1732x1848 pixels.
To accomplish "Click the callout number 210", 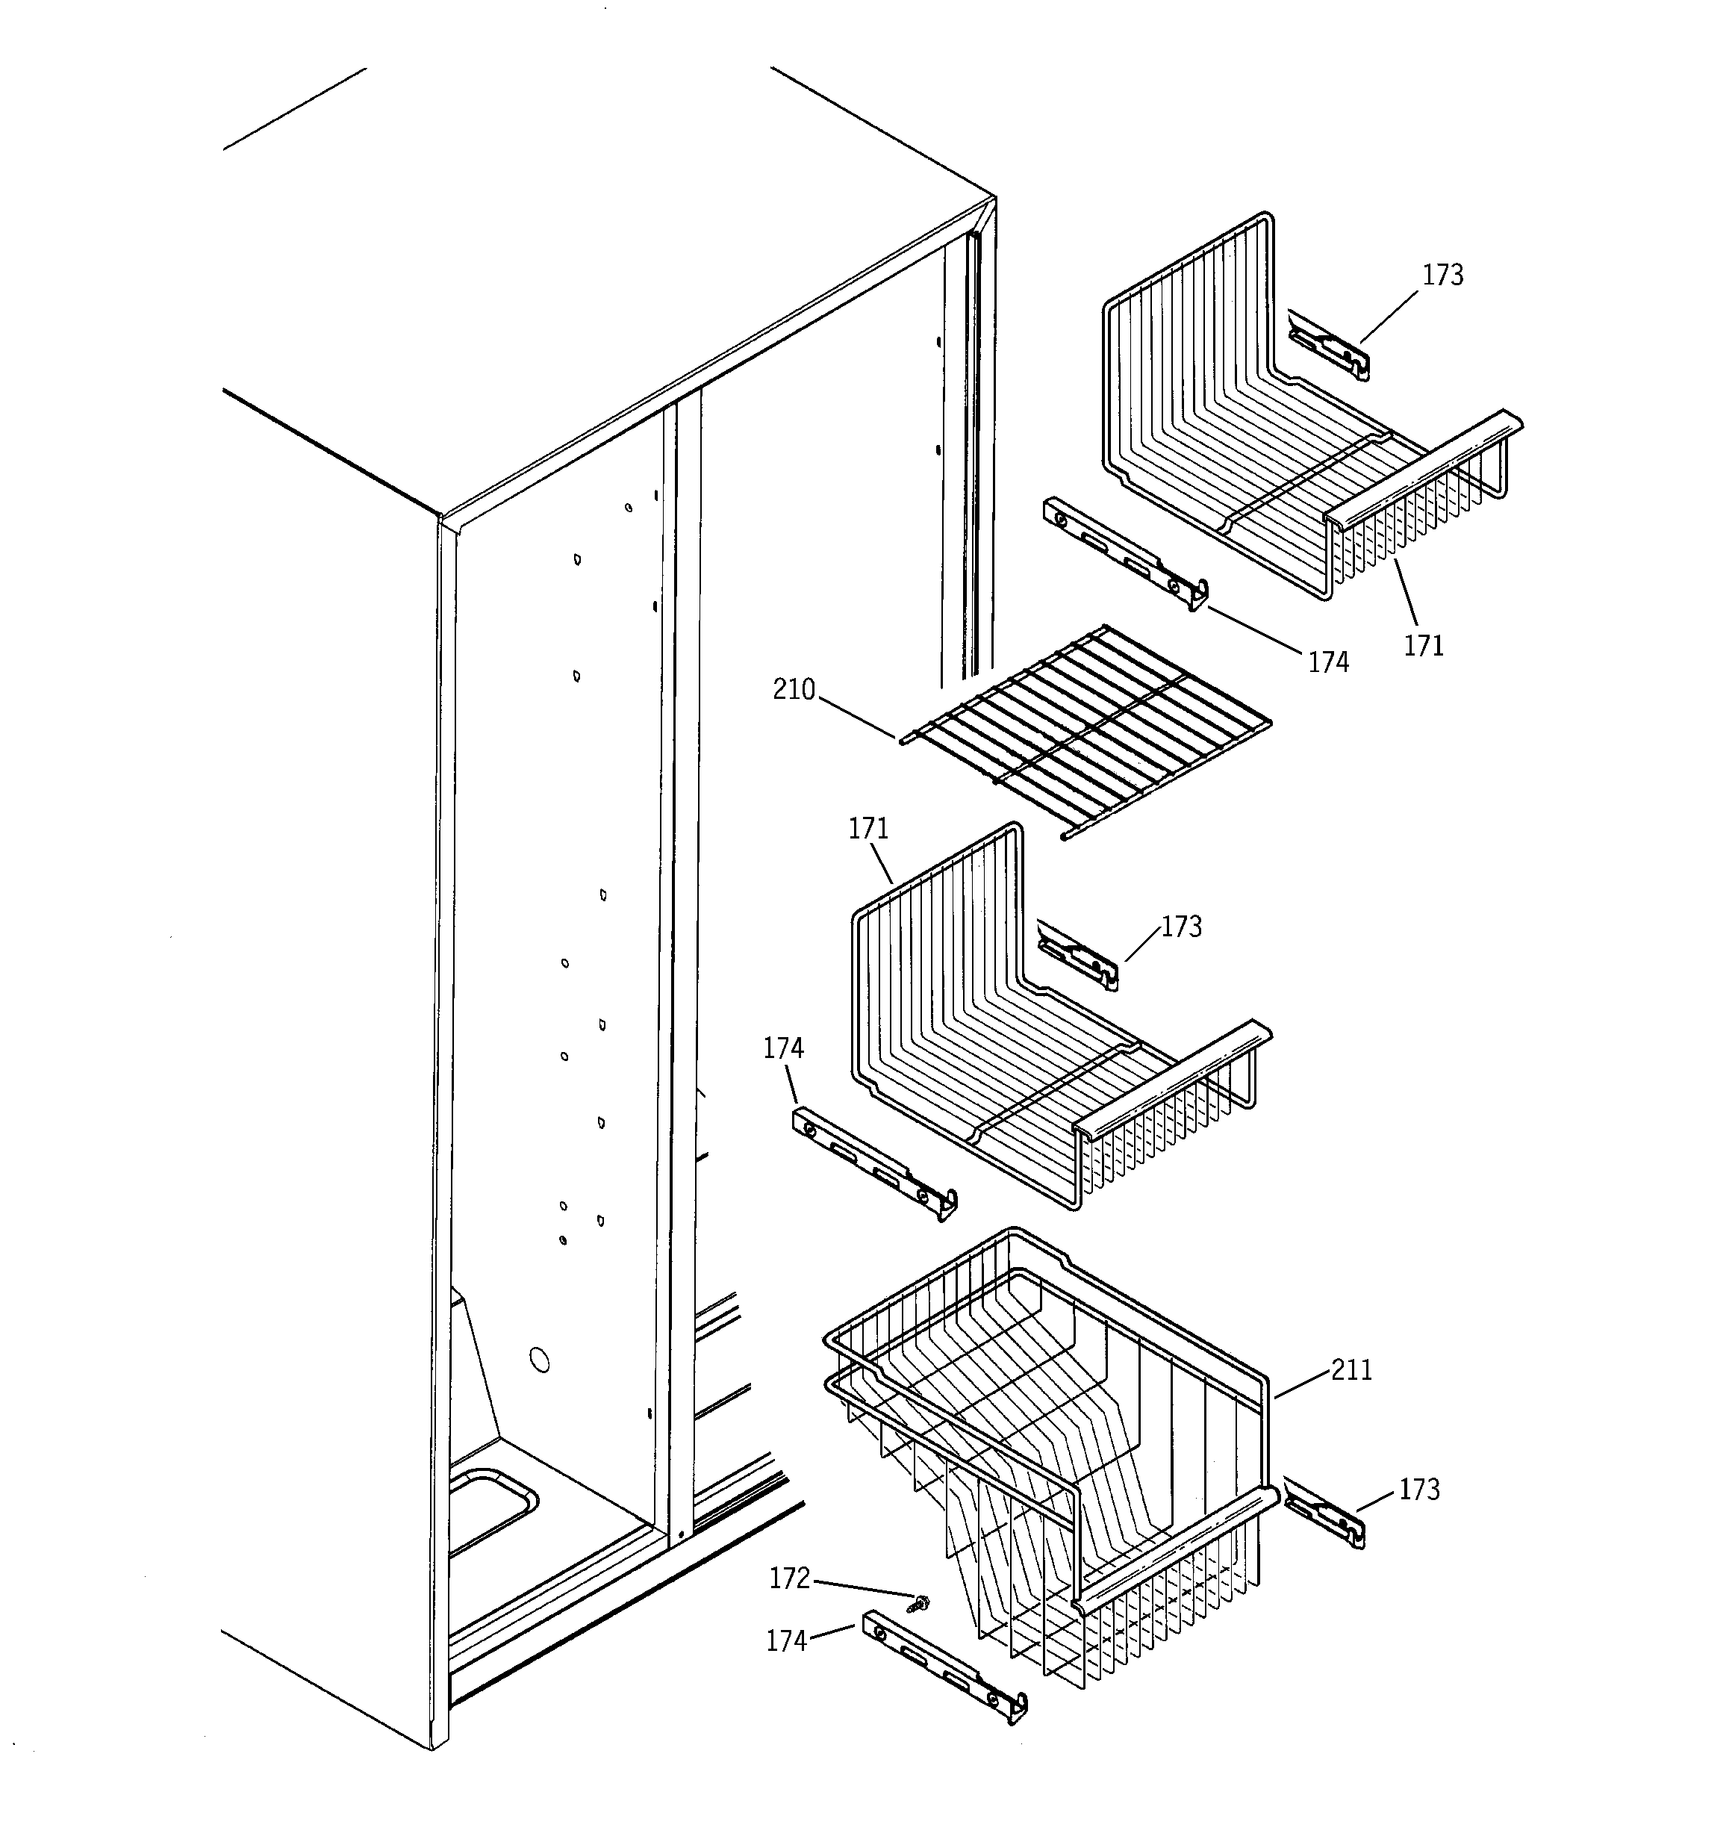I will point(793,690).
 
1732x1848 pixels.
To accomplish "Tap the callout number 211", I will point(1351,1370).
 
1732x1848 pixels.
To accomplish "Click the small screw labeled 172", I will point(922,1602).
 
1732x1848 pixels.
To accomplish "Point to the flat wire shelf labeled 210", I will point(1083,729).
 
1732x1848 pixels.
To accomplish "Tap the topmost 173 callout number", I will point(1442,276).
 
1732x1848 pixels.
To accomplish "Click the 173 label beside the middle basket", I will point(1181,927).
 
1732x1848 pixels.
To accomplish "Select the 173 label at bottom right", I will point(1418,1490).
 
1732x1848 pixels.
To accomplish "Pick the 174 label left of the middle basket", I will point(783,1048).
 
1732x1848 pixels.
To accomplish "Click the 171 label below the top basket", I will point(1424,646).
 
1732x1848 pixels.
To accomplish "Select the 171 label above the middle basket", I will point(868,828).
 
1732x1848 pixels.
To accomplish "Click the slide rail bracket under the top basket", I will point(1125,554).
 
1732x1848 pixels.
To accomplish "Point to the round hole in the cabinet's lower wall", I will point(538,1361).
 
